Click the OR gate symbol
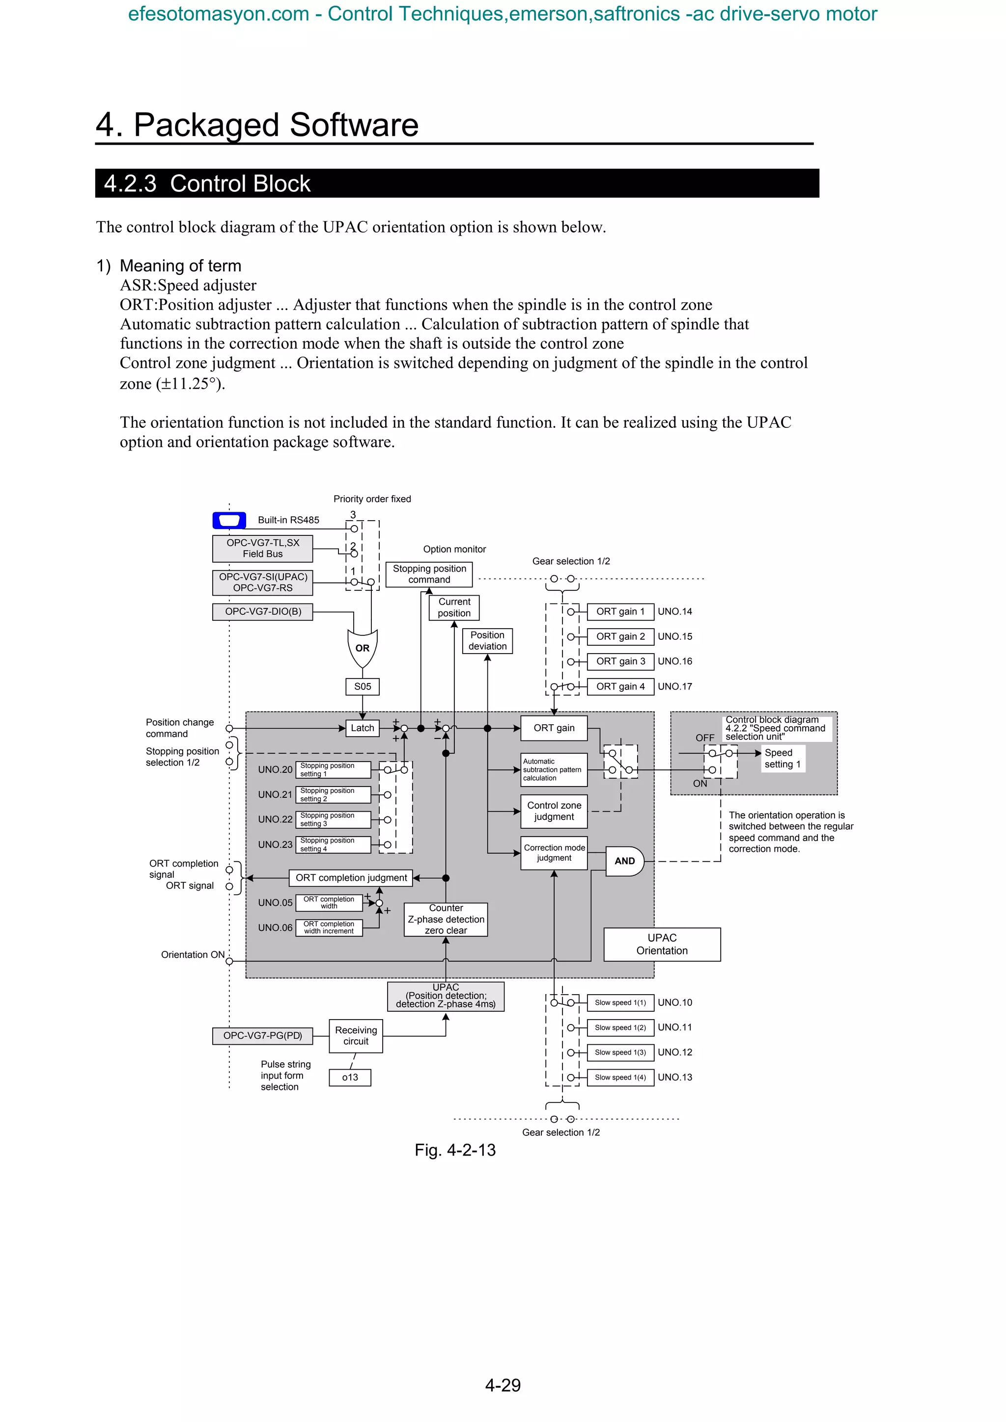tap(363, 648)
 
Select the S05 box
tap(363, 686)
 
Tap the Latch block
tap(363, 728)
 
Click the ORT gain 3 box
tap(620, 661)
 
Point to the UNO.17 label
tap(674, 686)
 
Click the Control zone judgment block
tap(554, 811)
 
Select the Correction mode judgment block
tap(554, 853)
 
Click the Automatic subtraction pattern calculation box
tap(554, 770)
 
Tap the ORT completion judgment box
tap(351, 878)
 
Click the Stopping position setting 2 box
tap(333, 794)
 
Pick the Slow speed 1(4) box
tap(620, 1077)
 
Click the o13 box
tap(350, 1077)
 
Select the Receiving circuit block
tap(356, 1035)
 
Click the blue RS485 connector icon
tap(229, 520)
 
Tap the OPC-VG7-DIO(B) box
tap(263, 612)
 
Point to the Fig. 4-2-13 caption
tap(455, 1150)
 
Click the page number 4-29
tap(503, 1386)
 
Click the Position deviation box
tap(487, 640)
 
